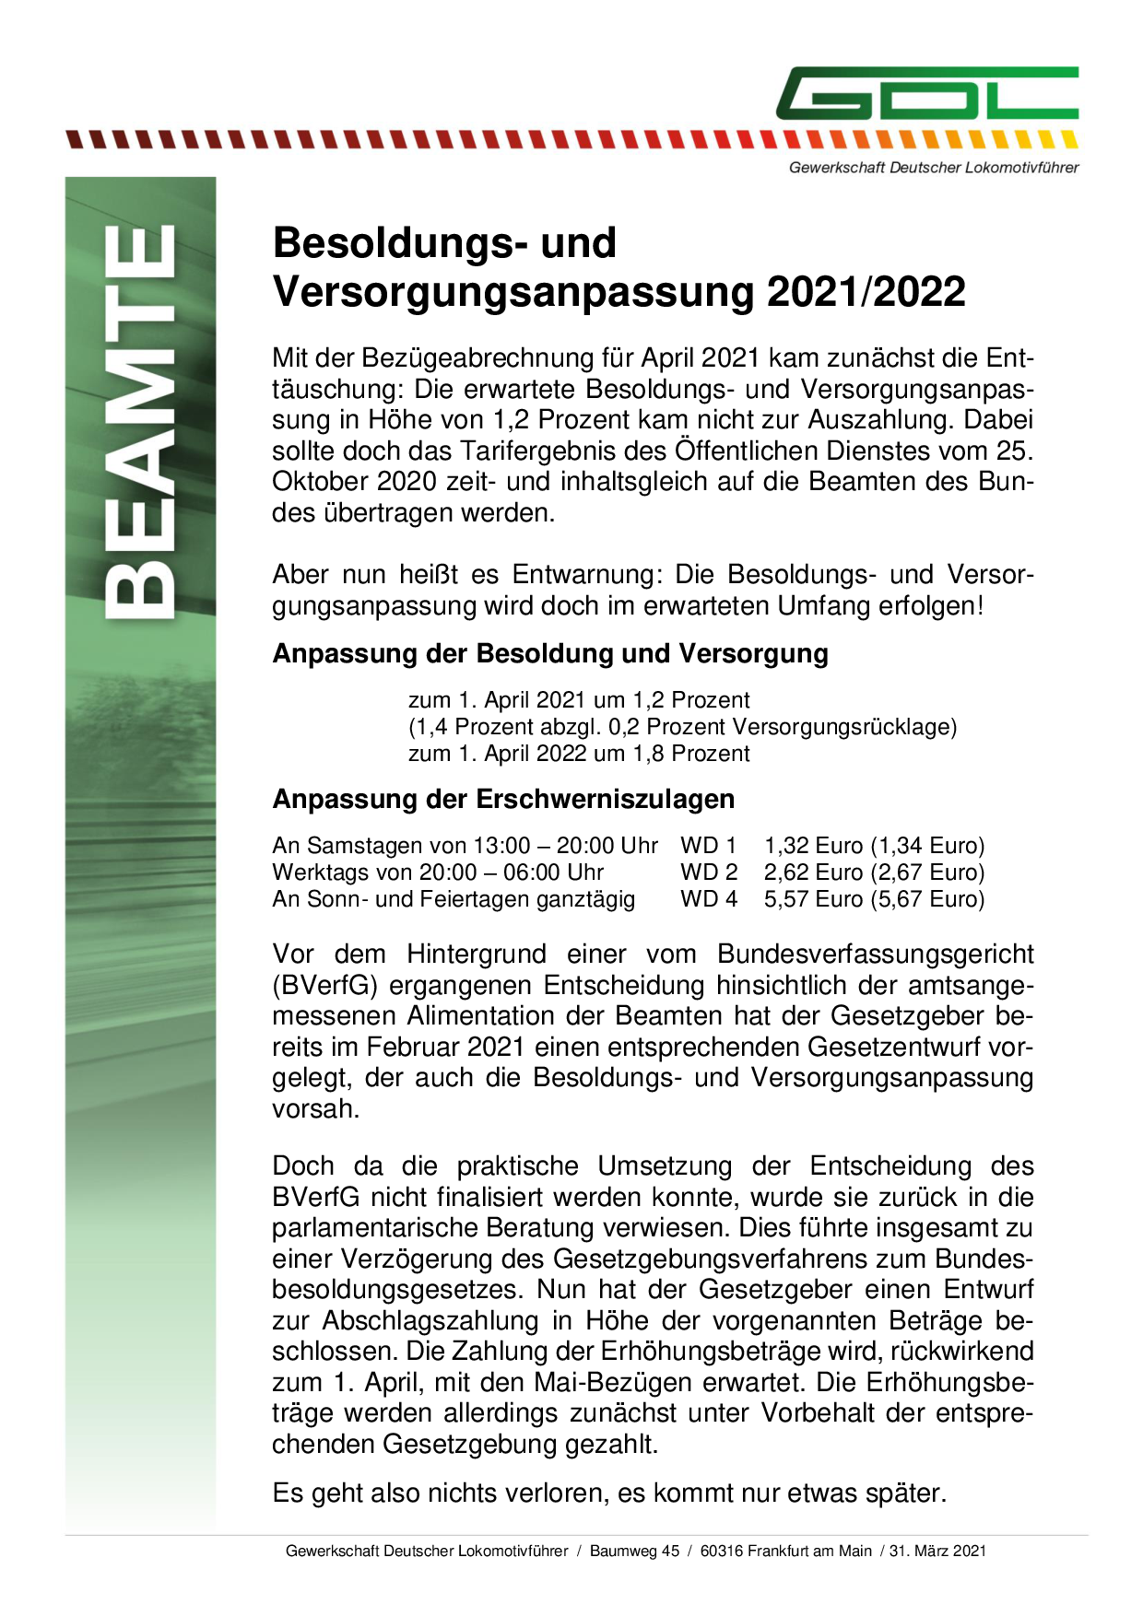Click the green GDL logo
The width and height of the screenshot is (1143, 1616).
coord(926,93)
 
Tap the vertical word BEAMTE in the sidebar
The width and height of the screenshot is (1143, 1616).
coord(139,422)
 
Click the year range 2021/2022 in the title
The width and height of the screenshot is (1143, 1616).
coord(866,292)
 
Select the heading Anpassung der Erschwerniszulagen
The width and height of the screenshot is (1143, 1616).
coord(503,799)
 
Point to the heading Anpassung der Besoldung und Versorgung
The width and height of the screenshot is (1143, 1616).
coord(550,653)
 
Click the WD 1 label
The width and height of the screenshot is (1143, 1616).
coord(709,845)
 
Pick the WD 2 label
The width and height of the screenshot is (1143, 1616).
coord(709,872)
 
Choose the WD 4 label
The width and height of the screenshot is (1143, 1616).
coord(709,898)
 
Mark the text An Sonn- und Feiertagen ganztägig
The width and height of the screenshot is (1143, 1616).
coord(454,898)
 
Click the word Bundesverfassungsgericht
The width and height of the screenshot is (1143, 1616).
coord(876,954)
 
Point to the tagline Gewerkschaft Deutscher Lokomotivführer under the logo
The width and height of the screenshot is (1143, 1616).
coord(933,168)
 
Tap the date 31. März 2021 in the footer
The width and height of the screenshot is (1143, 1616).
coord(937,1551)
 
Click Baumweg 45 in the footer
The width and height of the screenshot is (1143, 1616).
coord(634,1551)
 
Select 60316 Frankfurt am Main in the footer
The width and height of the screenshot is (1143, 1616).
coord(785,1551)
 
